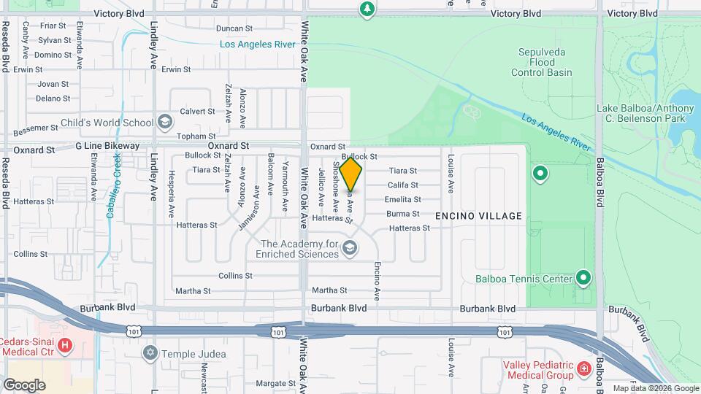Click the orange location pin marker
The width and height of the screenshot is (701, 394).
point(351,175)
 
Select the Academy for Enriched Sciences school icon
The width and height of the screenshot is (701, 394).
point(350,249)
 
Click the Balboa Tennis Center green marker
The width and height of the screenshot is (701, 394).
point(583,278)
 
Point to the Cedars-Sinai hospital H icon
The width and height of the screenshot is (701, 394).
point(65,344)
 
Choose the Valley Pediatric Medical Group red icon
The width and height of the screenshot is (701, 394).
point(584,370)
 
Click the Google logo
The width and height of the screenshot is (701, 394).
point(24,385)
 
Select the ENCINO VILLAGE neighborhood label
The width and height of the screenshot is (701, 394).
point(478,216)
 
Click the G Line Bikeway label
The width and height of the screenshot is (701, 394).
point(107,146)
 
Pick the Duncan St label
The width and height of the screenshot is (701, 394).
point(234,28)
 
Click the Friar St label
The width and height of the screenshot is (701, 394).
point(55,26)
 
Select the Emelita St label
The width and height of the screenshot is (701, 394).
point(404,199)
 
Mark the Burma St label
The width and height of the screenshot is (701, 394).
point(403,214)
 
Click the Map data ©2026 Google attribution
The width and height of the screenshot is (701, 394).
point(655,388)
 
